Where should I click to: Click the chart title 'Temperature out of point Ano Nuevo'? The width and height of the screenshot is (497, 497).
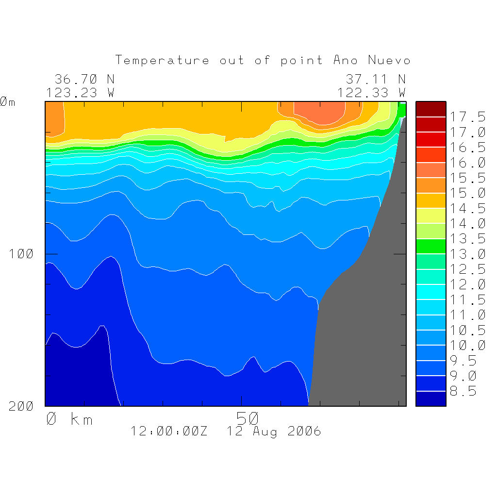pos(263,61)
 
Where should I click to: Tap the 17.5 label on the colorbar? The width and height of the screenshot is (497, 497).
pos(467,117)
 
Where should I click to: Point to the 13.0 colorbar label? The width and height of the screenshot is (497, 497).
pos(467,254)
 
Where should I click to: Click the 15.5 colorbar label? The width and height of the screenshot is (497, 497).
pos(467,178)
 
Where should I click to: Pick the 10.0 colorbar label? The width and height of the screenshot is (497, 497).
pos(467,345)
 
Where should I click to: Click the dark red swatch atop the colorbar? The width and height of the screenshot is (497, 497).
pos(431,109)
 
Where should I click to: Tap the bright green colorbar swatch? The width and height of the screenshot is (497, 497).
pos(431,246)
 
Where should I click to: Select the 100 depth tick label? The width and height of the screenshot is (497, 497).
pos(21,254)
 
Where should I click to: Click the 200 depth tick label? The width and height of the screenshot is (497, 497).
pos(21,406)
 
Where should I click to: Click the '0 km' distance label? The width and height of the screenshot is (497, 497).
pos(69,419)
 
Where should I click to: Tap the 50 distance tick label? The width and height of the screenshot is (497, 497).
pos(248,418)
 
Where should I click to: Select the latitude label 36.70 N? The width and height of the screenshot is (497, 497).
pos(84,79)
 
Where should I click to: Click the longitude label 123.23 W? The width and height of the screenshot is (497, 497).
pos(81,93)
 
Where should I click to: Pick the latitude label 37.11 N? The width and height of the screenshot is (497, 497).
pos(375,79)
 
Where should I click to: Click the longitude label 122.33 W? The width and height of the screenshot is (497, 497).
pos(371,93)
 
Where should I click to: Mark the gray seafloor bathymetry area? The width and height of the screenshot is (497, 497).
pos(369,330)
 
